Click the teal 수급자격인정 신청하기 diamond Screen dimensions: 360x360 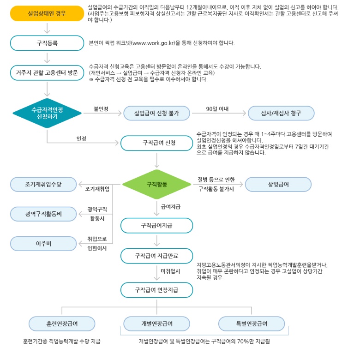tap(47, 113)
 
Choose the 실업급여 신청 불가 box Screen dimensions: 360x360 tap(156, 113)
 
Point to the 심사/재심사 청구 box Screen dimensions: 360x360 tap(281, 113)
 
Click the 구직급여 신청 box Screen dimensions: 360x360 tap(156, 143)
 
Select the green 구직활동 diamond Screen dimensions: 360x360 tap(156, 184)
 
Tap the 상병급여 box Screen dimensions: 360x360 tap(278, 184)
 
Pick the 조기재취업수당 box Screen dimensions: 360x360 tap(44, 184)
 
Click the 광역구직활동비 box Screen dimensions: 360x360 tap(44, 214)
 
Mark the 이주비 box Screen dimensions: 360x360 tap(44, 243)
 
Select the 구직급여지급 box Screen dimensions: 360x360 tap(156, 225)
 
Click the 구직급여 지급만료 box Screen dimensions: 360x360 tap(156, 255)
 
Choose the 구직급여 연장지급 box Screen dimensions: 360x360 tap(156, 290)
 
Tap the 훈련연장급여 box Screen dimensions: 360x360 tap(62, 324)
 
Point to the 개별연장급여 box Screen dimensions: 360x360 tap(156, 324)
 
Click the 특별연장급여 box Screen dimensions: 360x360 tap(252, 324)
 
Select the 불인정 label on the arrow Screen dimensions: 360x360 tap(101, 109)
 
